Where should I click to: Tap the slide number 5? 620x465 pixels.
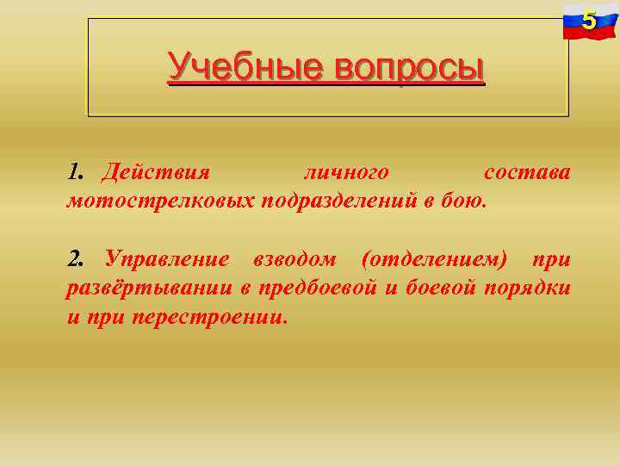click(x=589, y=20)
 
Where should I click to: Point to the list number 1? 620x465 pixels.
click(x=74, y=172)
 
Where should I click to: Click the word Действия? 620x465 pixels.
click(x=155, y=172)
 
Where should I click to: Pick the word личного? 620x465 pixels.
click(x=346, y=172)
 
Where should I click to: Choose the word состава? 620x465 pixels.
click(x=527, y=172)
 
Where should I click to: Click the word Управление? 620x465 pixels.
click(x=167, y=258)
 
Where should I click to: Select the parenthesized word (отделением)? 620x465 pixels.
click(x=434, y=258)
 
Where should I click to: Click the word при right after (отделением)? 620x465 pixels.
click(x=551, y=258)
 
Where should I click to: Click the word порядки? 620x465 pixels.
click(x=527, y=287)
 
